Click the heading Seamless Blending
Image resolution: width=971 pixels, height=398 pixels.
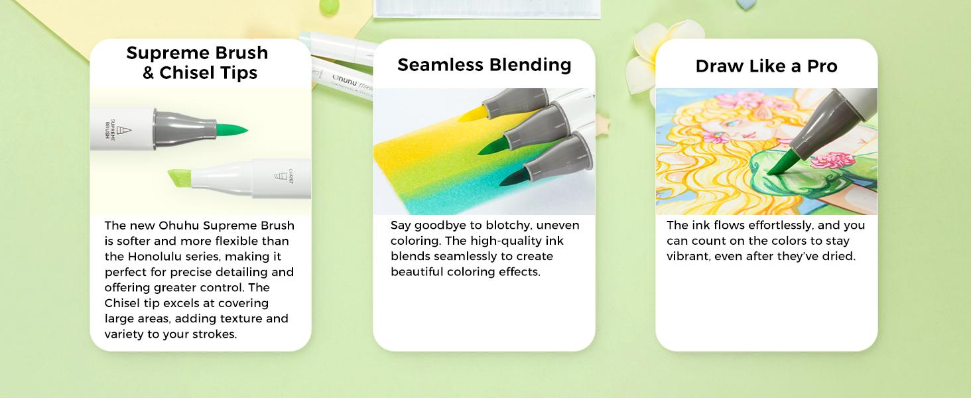pyautogui.click(x=484, y=65)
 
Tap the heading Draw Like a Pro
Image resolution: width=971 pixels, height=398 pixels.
pyautogui.click(x=767, y=66)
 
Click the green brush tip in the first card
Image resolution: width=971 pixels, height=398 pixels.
pyautogui.click(x=231, y=129)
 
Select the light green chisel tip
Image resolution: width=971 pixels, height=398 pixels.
pyautogui.click(x=180, y=178)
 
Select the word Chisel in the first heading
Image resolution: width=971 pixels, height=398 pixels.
pyautogui.click(x=185, y=72)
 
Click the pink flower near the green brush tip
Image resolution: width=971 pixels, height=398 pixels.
pyautogui.click(x=832, y=161)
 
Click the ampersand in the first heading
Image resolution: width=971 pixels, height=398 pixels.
pyautogui.click(x=149, y=72)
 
